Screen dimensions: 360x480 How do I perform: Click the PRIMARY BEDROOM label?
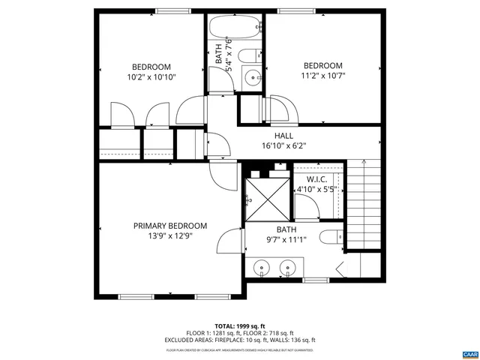coord(170,225)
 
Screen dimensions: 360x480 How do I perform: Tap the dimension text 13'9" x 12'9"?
coord(170,235)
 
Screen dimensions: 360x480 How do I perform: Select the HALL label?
coord(283,136)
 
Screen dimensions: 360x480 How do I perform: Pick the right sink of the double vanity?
coord(287,267)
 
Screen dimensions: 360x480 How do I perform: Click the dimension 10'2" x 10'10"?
coord(151,76)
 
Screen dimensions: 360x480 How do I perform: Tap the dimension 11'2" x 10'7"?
coord(322,76)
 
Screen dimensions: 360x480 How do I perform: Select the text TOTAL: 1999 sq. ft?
coord(240,326)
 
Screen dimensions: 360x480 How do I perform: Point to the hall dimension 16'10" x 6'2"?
coord(283,146)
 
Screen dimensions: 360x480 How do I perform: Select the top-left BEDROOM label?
coord(151,66)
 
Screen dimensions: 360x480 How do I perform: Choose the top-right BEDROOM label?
coord(322,65)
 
